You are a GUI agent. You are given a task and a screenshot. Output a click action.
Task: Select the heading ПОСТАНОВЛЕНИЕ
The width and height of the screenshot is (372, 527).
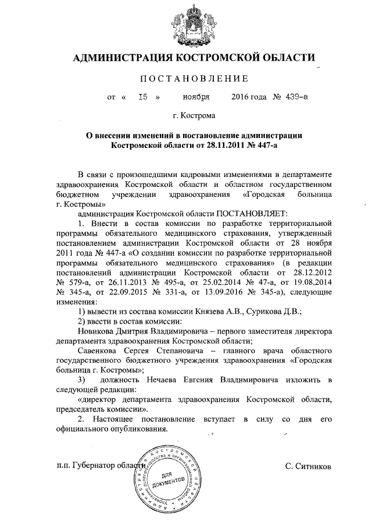(x=191, y=79)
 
